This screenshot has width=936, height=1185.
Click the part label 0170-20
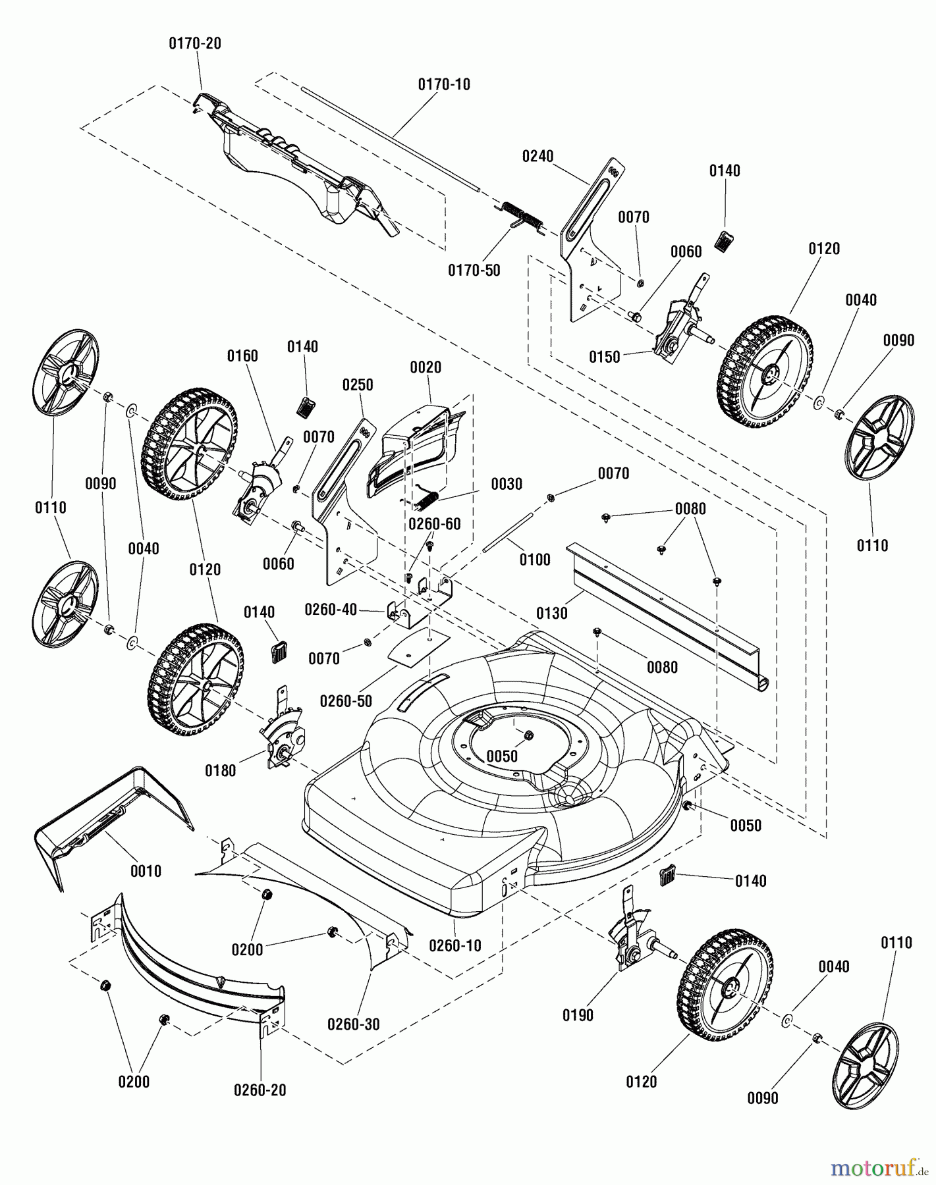coord(195,43)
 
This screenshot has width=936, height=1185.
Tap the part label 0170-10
coord(444,85)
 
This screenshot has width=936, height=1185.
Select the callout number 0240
coord(538,157)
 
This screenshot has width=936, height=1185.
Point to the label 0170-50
coord(474,271)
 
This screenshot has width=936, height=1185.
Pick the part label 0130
coord(551,614)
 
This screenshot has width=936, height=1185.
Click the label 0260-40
coord(331,610)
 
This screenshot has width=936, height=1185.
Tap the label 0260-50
coord(346,702)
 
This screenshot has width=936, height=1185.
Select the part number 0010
coord(146,872)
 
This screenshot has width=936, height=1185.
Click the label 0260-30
coord(354,1024)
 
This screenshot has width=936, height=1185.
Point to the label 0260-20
coord(260,1090)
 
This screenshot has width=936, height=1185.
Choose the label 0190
coord(578,1016)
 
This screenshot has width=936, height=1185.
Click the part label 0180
coord(220,771)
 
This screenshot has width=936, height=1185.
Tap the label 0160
coord(242,356)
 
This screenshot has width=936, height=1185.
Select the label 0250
coord(358,385)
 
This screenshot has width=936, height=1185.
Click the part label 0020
coord(426,367)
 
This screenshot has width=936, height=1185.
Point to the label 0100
coord(534,560)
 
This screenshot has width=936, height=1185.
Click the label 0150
coord(604,357)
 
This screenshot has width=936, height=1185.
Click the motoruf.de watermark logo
coord(879,1167)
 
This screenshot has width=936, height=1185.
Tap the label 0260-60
coord(435,524)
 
